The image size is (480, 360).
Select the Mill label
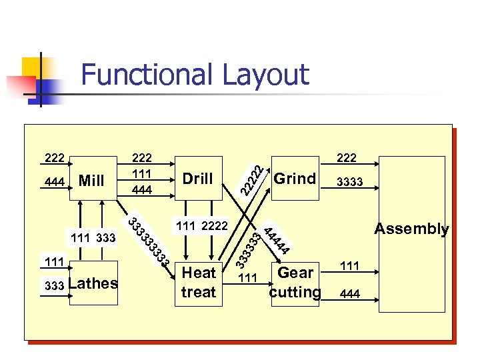tap(91, 181)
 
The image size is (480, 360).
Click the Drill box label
tap(197, 179)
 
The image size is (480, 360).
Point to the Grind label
tap(295, 179)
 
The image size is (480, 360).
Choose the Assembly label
tap(411, 229)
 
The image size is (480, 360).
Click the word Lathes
tap(93, 283)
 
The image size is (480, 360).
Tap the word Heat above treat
tap(199, 273)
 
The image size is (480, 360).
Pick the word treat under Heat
tap(199, 292)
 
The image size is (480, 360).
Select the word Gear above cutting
tap(295, 273)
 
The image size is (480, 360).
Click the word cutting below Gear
tap(295, 292)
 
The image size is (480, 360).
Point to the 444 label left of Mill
tap(55, 181)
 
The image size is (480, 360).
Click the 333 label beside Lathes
tap(54, 286)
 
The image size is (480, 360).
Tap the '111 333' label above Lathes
tap(93, 237)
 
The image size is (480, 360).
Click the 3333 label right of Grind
tap(349, 181)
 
